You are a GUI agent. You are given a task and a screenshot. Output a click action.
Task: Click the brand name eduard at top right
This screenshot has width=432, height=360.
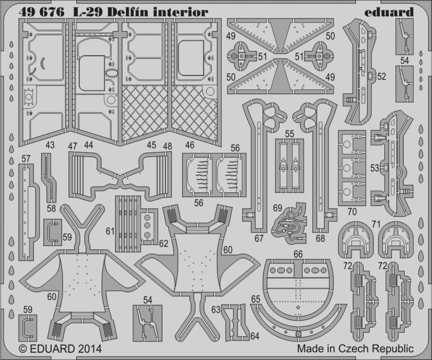[389, 12]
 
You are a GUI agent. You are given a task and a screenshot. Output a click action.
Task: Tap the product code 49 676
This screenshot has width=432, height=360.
[42, 12]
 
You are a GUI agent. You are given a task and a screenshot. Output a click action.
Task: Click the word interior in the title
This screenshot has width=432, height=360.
[179, 12]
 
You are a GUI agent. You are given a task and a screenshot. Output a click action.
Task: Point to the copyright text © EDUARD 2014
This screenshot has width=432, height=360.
[60, 349]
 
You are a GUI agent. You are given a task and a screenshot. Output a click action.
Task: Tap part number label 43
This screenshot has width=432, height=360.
[50, 145]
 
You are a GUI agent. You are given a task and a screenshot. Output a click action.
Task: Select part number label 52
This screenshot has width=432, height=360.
[381, 77]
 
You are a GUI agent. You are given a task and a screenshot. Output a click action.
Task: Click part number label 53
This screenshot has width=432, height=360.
[375, 168]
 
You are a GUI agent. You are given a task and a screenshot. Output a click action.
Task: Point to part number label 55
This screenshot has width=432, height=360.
[290, 134]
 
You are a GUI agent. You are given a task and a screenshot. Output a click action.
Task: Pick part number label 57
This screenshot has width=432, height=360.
[26, 159]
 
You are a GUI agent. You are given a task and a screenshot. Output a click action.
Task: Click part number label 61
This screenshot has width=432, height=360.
[110, 231]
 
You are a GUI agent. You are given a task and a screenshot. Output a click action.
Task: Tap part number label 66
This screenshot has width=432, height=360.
[298, 254]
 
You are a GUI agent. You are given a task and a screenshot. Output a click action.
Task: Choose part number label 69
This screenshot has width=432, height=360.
[278, 208]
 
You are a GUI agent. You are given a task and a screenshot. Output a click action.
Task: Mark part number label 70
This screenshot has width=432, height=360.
[352, 211]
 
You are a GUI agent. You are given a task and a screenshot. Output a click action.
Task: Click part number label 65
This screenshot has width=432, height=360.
[256, 299]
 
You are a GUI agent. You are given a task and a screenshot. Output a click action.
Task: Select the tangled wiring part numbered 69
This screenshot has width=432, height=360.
[290, 224]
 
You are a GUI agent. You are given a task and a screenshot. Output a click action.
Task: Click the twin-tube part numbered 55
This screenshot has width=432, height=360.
[290, 166]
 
